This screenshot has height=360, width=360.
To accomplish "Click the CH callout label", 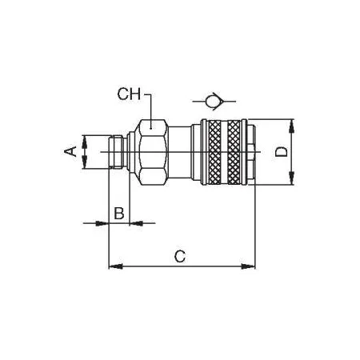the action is (129, 94).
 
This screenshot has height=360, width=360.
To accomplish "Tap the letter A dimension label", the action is (70, 151).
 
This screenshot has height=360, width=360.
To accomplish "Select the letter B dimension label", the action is (119, 213).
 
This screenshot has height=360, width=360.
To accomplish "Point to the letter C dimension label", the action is (180, 257).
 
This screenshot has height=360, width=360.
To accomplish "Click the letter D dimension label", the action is (282, 151).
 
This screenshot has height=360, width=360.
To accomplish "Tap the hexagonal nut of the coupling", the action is (152, 152).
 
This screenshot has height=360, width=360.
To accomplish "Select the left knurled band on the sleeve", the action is (214, 152).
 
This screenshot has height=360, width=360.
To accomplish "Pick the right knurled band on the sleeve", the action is (234, 152).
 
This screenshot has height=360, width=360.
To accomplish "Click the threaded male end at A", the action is (117, 152).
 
